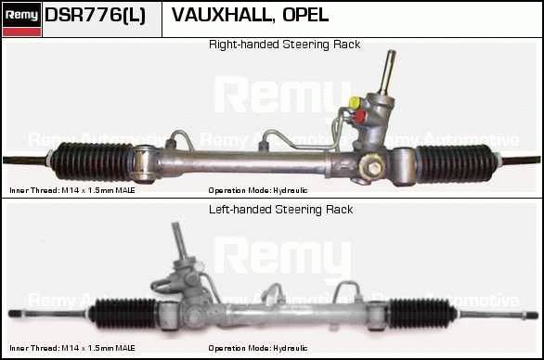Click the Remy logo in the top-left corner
coord(21,19)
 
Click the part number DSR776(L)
coord(95,16)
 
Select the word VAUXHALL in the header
coord(221,15)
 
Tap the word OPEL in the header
coord(305,15)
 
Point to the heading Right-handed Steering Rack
coord(284,45)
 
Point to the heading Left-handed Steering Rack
coord(280,210)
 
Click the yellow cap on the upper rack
coord(355,103)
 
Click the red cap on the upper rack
coord(360,117)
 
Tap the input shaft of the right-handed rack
coord(386,72)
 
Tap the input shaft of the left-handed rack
coord(180,240)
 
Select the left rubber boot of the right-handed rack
coord(93,161)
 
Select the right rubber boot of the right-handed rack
coord(455,163)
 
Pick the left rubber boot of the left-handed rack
coord(123,314)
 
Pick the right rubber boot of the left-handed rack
coord(421,314)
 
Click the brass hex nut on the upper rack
coord(372,166)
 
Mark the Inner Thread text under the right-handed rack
coord(72,190)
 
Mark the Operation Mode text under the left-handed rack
coord(258,348)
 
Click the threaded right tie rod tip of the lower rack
coord(532,315)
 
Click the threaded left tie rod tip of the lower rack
coord(15,314)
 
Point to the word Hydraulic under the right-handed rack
coord(290,190)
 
